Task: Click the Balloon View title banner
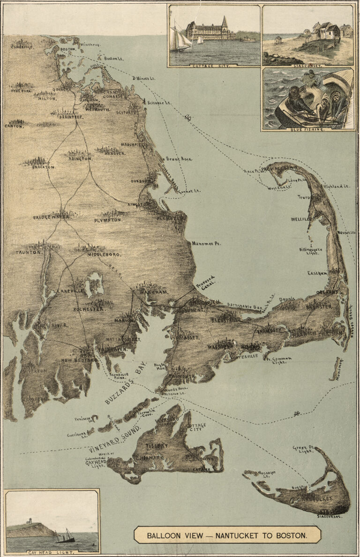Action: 227,534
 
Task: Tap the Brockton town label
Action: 44,167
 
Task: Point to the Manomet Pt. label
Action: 206,244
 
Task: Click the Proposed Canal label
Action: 206,283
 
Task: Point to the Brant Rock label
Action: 176,159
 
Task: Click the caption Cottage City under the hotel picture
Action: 214,66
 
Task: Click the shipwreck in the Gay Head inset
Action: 65,536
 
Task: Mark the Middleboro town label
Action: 104,255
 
